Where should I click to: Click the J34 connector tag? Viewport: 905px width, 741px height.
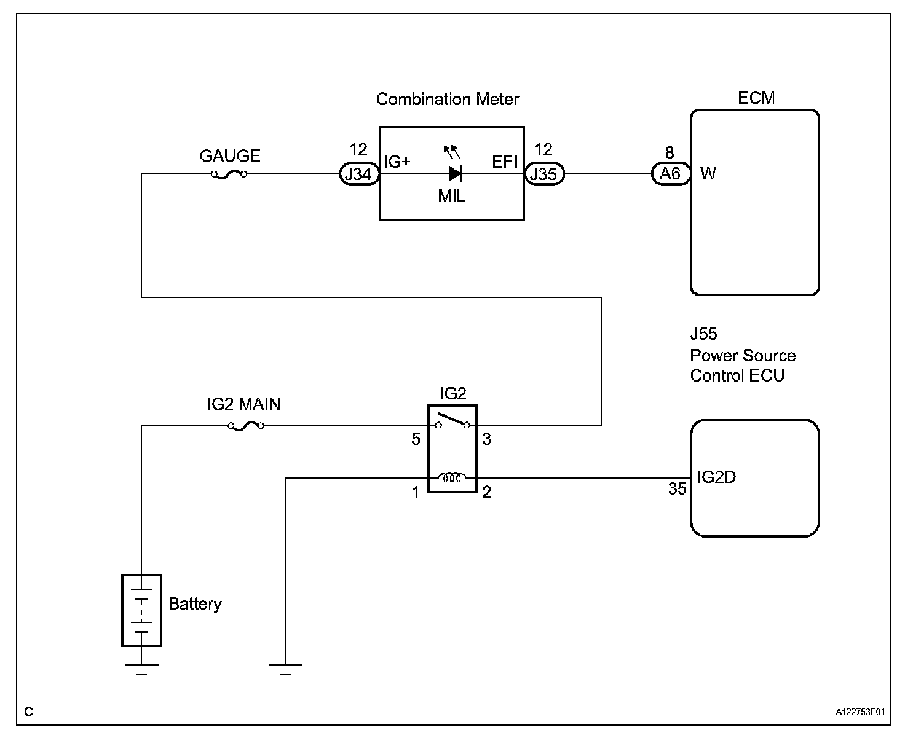(x=358, y=174)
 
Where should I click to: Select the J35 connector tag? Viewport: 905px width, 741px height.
(x=543, y=174)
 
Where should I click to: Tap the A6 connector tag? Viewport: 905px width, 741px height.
(x=670, y=174)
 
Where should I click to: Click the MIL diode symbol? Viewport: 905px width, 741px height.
(x=455, y=174)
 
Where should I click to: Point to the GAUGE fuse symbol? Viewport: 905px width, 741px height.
(x=229, y=174)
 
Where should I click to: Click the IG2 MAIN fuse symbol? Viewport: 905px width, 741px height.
(x=246, y=425)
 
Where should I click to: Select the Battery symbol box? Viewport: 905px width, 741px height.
(x=141, y=610)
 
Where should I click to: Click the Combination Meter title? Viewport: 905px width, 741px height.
(x=448, y=100)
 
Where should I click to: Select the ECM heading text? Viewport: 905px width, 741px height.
(x=756, y=98)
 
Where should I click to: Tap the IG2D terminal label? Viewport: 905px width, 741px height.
(x=716, y=477)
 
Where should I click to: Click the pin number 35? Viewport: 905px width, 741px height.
(x=677, y=489)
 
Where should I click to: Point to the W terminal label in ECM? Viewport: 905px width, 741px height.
(x=708, y=174)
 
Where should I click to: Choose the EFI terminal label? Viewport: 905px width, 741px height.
(x=505, y=162)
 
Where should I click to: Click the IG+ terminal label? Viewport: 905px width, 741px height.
(x=397, y=162)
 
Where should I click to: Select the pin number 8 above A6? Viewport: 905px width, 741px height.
(x=670, y=153)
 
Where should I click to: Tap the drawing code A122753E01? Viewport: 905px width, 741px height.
(x=860, y=712)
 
